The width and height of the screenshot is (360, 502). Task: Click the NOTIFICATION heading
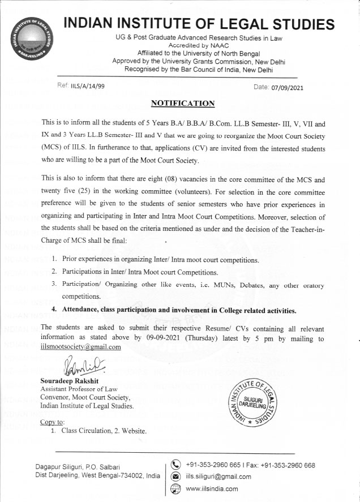pos(183,103)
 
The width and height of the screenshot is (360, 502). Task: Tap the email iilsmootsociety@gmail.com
pos(82,347)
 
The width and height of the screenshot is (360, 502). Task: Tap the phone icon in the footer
pos(175,466)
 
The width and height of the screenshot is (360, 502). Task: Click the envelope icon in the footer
pos(175,477)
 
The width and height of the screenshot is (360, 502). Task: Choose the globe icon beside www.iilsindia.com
pos(175,489)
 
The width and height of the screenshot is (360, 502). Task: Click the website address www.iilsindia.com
pos(212,489)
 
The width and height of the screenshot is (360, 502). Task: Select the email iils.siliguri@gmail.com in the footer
pos(218,477)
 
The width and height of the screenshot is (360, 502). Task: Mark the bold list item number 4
pos(54,311)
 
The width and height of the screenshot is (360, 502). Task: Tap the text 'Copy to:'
pos(53,422)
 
